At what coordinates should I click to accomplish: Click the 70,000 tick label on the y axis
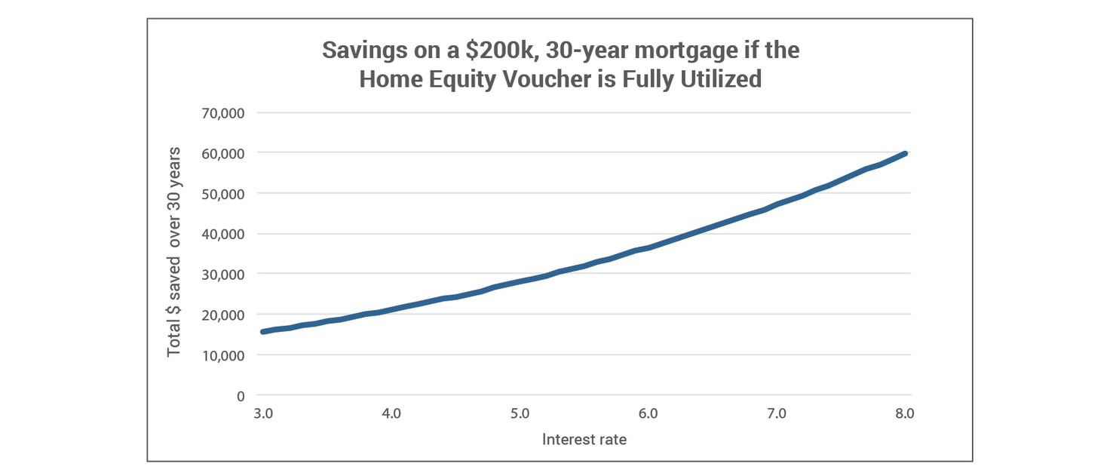click(x=223, y=113)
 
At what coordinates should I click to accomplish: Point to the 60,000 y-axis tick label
click(x=223, y=153)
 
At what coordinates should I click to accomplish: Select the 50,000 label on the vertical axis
click(x=223, y=194)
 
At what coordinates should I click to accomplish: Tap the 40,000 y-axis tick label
click(x=223, y=234)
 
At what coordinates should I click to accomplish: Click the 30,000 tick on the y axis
click(x=223, y=275)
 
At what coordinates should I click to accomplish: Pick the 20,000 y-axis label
click(x=223, y=315)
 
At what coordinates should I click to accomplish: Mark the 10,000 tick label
click(x=223, y=355)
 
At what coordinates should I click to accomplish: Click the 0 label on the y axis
click(x=241, y=395)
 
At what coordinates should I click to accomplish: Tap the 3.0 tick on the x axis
click(x=262, y=413)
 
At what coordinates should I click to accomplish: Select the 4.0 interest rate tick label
click(x=391, y=413)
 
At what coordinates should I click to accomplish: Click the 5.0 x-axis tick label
click(x=520, y=413)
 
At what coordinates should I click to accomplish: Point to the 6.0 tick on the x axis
click(x=648, y=413)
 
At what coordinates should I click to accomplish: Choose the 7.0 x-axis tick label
click(x=777, y=413)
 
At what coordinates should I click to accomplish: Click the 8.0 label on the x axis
click(x=905, y=413)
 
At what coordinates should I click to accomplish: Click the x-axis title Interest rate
click(x=584, y=439)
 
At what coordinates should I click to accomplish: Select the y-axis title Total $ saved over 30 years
click(x=174, y=250)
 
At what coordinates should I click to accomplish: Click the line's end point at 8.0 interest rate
click(x=905, y=153)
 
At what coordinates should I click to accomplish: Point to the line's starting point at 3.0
click(x=262, y=332)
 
